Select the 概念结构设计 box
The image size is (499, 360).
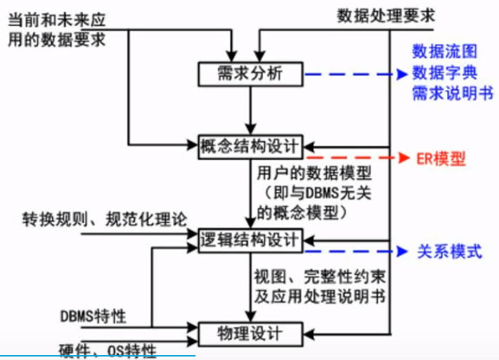coord(251,146)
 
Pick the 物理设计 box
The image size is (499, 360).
coord(251,332)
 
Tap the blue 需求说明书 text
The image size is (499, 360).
coord(452,92)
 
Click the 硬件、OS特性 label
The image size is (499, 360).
coord(108,348)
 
